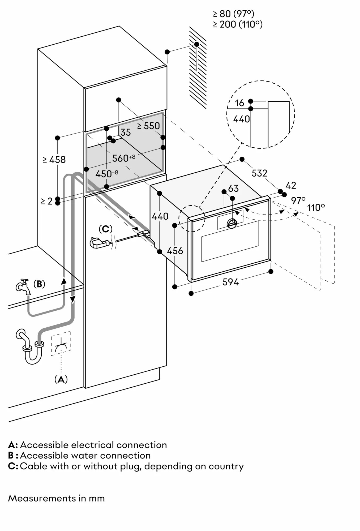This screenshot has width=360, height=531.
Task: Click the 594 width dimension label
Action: (x=230, y=282)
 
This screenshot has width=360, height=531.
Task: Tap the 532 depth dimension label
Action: (x=259, y=173)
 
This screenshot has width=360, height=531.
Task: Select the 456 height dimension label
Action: (x=175, y=251)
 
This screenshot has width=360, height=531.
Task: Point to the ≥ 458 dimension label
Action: (x=54, y=160)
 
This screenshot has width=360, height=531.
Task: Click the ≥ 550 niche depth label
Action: (x=148, y=126)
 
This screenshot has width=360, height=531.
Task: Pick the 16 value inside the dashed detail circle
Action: (x=239, y=103)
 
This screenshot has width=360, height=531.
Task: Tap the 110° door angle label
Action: (x=316, y=207)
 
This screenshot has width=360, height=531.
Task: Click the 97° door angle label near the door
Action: (x=298, y=200)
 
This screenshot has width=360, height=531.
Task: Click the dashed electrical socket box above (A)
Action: (x=61, y=343)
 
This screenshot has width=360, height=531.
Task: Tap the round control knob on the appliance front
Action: (x=232, y=223)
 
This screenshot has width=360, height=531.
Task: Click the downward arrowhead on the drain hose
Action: (x=72, y=299)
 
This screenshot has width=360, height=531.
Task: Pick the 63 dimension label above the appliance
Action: (x=233, y=189)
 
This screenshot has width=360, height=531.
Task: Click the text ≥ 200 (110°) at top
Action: (x=238, y=24)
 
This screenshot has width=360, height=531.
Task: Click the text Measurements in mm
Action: (x=56, y=498)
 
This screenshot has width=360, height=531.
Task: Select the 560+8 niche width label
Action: (x=123, y=158)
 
